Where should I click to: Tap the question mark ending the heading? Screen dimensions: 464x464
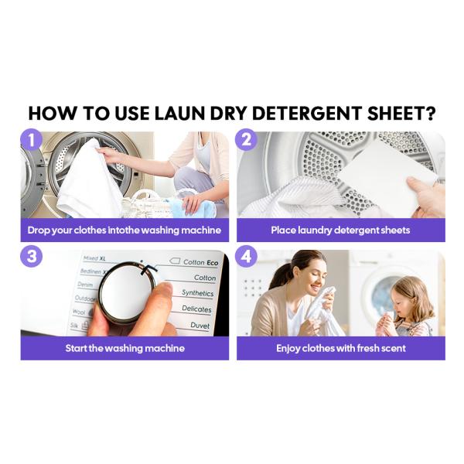coord(431,113)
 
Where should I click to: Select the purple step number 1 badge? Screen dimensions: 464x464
coord(31,140)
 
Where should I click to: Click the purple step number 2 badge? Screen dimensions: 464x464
coord(246,140)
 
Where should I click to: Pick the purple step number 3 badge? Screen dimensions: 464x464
coord(31,256)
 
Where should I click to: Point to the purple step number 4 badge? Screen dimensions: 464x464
coord(246,256)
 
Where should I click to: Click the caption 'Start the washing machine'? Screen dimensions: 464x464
coord(125,348)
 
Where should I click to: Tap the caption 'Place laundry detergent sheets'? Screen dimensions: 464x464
coord(340,230)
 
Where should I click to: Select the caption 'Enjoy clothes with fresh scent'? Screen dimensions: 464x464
coord(341,348)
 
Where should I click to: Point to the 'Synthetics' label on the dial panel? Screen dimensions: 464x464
coord(197,293)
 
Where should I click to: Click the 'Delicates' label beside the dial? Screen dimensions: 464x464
coord(196,309)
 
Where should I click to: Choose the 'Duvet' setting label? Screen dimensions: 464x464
coord(200,326)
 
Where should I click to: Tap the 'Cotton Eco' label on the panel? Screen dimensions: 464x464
coord(200,262)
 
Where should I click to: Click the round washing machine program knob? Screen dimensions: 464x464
coord(128,292)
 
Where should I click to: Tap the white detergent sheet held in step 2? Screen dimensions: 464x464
coord(388,175)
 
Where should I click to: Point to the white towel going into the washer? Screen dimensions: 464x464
coord(88,181)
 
